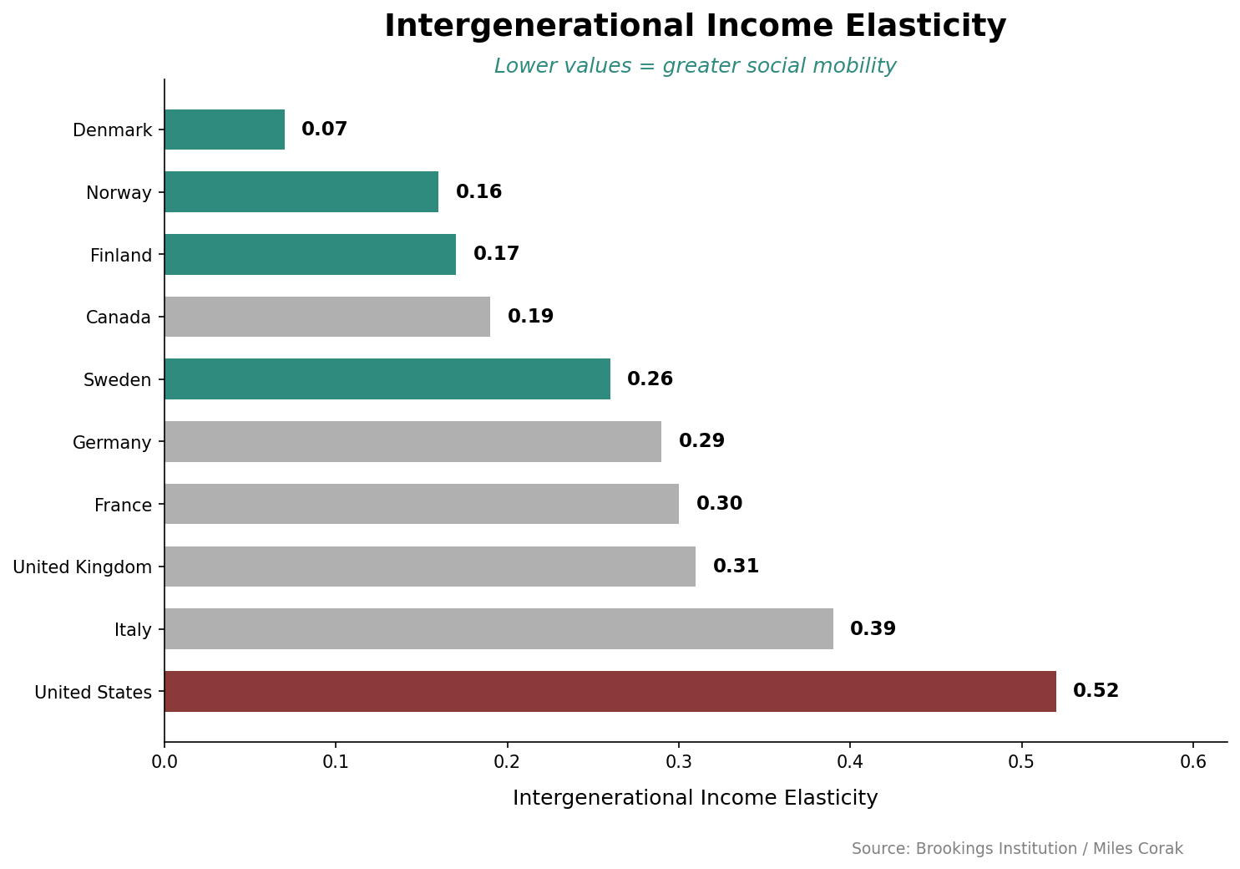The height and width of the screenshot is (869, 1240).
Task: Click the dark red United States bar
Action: pos(610,691)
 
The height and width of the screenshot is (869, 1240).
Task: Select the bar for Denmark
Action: pos(225,130)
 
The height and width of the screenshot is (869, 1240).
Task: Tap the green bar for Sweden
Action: pos(387,379)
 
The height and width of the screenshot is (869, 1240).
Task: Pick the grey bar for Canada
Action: pos(326,317)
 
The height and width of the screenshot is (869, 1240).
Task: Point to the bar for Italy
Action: pos(499,628)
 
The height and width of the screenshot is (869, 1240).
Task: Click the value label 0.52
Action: pos(1096,691)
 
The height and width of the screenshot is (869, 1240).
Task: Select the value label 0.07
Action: pos(324,130)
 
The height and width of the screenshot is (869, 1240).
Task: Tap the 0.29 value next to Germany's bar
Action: pos(701,441)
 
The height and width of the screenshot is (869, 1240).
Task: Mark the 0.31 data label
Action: pos(736,567)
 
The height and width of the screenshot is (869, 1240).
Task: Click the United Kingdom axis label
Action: pos(83,567)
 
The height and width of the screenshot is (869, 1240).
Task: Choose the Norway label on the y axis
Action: pos(119,193)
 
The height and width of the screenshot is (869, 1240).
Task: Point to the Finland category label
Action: pos(121,256)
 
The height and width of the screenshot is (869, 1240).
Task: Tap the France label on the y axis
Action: pos(123,506)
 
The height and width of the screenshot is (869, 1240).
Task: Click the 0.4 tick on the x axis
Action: pos(850,762)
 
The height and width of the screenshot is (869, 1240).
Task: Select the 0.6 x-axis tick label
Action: pos(1193,762)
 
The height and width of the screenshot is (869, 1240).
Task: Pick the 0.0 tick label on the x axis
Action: pos(164,762)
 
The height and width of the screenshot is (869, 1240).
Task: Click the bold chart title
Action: pos(695,27)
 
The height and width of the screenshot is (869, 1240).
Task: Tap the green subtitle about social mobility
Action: pos(695,66)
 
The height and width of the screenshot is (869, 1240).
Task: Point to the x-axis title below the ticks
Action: pos(695,798)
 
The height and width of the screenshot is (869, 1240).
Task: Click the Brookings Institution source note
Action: pos(1017,849)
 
